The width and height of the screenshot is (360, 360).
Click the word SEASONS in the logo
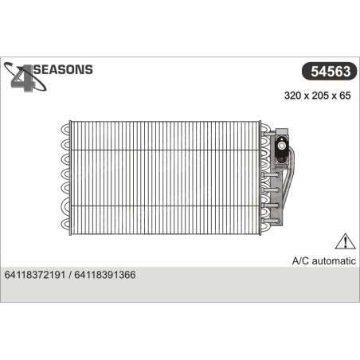[x=63, y=69]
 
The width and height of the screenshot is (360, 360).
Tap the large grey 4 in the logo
[x=24, y=79]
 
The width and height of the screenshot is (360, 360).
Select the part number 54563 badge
[x=330, y=71]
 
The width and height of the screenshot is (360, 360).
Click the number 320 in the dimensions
[x=292, y=96]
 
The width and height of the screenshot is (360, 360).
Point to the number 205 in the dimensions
[x=320, y=96]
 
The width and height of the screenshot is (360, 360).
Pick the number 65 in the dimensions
[x=345, y=96]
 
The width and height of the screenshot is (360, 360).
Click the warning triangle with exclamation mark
[x=345, y=241]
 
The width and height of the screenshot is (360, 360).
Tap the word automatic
[x=334, y=261]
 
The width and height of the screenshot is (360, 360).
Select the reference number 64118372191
[x=35, y=275]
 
